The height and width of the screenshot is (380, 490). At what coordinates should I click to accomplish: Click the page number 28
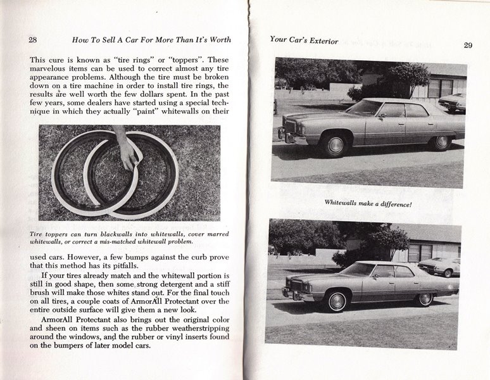33,39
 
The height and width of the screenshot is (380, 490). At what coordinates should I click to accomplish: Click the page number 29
468,45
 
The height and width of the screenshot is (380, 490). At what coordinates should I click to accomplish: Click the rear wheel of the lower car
425,298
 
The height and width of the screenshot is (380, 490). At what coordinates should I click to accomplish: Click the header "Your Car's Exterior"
304,40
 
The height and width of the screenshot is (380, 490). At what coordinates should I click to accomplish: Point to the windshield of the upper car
366,108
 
